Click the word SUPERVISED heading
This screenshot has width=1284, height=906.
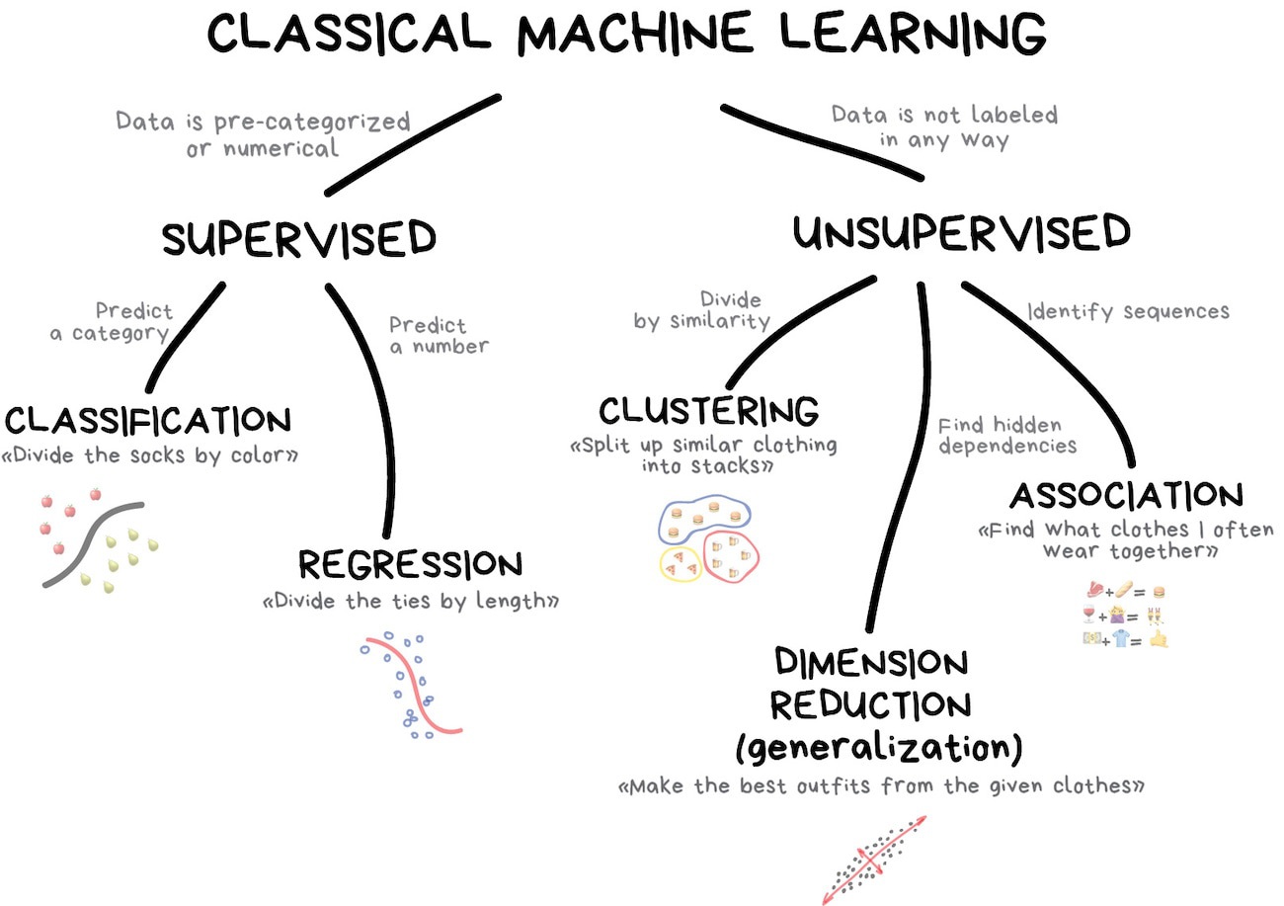[299, 239]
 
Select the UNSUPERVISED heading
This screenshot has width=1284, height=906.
[961, 233]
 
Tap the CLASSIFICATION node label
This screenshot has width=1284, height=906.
[148, 421]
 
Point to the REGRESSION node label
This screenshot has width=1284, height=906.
[410, 565]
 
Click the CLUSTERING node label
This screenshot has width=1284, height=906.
[708, 409]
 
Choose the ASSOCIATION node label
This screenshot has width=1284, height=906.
[1125, 495]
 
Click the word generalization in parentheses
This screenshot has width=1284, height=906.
[878, 748]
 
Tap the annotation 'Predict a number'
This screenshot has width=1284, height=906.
[438, 335]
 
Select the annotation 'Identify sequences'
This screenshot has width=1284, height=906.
[1128, 311]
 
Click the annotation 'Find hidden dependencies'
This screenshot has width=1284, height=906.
[1006, 435]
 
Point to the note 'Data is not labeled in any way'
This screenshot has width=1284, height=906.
[943, 127]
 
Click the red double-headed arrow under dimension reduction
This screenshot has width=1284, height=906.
[874, 860]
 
